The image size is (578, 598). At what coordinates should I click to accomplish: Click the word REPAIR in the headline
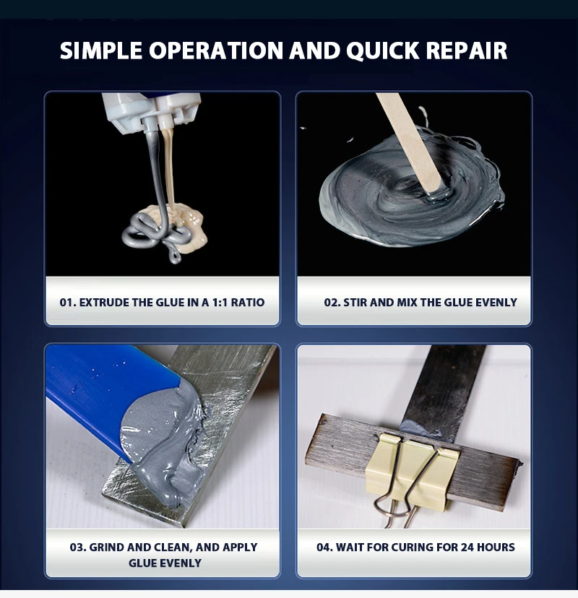pos(466,51)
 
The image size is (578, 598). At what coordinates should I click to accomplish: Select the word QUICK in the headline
pos(383,51)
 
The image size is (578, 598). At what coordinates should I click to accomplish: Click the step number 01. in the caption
pos(68,303)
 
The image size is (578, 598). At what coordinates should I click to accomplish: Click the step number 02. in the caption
pos(332,303)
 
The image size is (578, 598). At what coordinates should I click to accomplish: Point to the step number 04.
pos(325,547)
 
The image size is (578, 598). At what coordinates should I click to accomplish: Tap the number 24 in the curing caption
pos(467,547)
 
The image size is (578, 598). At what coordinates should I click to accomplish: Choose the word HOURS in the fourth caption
pos(496,547)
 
